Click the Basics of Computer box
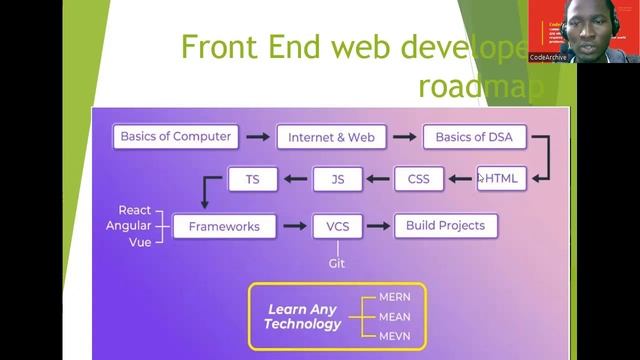point(175,136)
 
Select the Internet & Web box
point(331,137)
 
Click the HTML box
point(501,179)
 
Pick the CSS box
point(418,180)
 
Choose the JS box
point(337,180)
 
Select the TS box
point(251,180)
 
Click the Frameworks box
point(223,226)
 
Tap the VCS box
point(337,226)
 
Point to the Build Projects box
point(445,226)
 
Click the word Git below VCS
point(337,264)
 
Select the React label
point(135,210)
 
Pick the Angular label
point(129,226)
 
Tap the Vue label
point(139,242)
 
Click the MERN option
point(394,298)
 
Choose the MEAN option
point(394,317)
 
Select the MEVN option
point(394,336)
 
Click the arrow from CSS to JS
point(377,180)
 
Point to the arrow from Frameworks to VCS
point(294,226)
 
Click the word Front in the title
point(211,47)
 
